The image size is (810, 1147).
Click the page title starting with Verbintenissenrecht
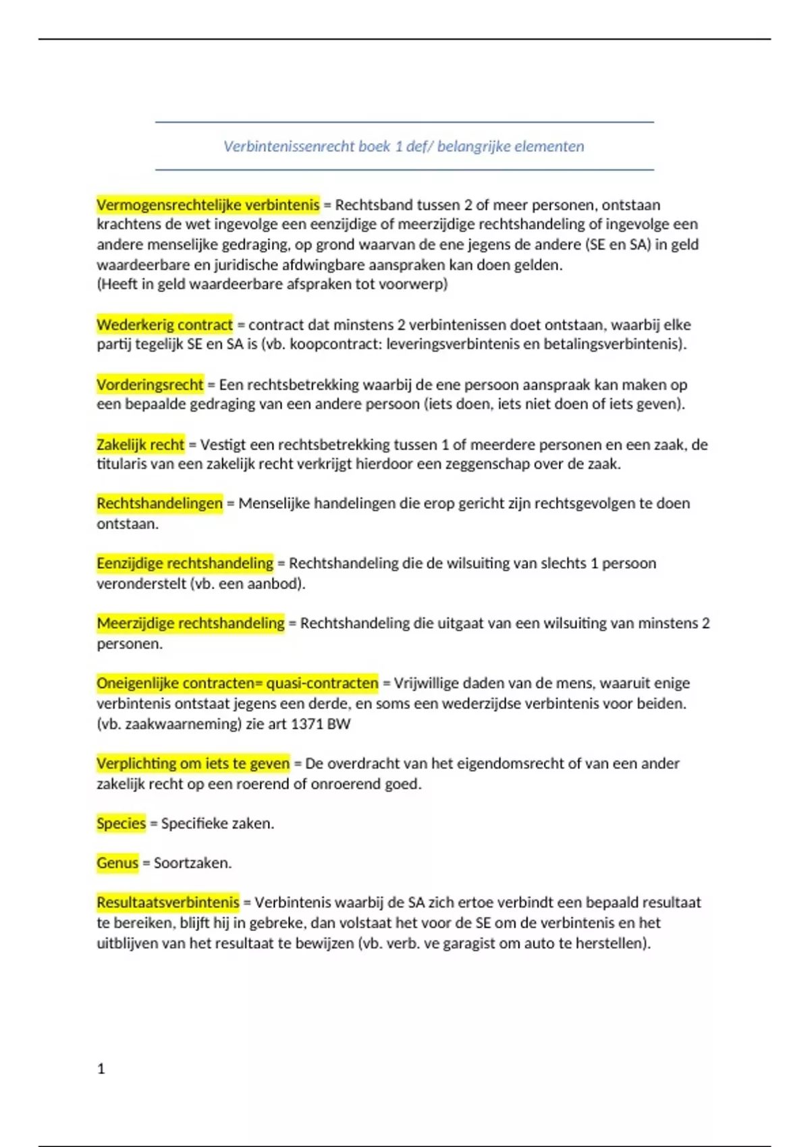pos(404,146)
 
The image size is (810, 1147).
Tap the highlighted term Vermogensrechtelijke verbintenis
pos(208,204)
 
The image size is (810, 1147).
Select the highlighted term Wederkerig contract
pos(165,325)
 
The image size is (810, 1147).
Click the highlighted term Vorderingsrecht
pos(150,385)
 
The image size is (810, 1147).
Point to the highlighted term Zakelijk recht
pos(140,445)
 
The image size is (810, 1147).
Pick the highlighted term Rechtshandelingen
pos(159,503)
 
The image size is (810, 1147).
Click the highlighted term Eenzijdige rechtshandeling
pos(185,563)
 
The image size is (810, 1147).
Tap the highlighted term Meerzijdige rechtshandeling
pos(190,623)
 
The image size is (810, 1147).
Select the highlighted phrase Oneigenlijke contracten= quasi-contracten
pos(238,683)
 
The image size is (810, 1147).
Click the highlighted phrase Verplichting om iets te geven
pos(193,764)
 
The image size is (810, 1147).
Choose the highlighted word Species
pos(122,824)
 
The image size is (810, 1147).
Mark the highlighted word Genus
pos(117,863)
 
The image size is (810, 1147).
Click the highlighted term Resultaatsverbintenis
pos(168,903)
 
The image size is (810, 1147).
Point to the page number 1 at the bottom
pos(101,1069)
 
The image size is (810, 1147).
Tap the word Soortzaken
pos(192,863)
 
